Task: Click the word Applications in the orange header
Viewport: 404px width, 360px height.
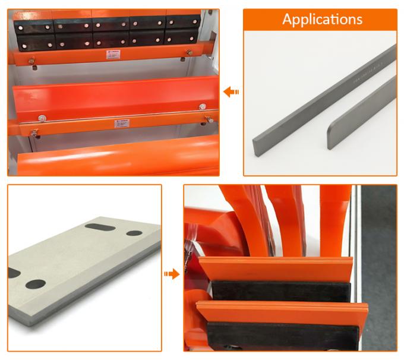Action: (321, 19)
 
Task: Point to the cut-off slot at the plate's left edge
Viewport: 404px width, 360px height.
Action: (13, 273)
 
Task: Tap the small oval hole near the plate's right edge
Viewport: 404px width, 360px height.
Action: (134, 233)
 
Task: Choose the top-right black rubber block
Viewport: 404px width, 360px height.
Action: (182, 22)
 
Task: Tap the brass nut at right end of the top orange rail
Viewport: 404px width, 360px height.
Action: (190, 52)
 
